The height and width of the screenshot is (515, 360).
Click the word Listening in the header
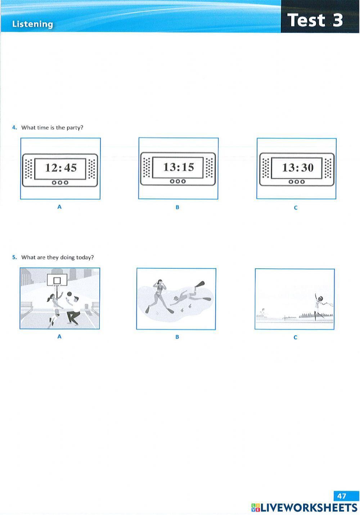tap(32, 24)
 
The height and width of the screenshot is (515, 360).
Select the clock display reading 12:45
tap(60, 168)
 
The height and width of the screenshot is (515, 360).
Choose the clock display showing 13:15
tap(179, 167)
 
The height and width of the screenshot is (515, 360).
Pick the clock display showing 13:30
tap(297, 167)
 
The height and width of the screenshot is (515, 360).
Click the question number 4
tap(14, 127)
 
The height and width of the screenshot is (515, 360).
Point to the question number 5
tap(14, 257)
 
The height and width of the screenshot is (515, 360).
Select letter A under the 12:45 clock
tap(59, 207)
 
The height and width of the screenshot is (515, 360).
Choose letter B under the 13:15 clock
tap(177, 207)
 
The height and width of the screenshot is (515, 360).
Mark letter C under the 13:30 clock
tap(296, 208)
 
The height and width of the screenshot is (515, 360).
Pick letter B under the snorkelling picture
tap(177, 337)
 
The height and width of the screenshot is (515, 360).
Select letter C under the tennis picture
tap(295, 337)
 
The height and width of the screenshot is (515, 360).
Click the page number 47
tap(342, 496)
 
